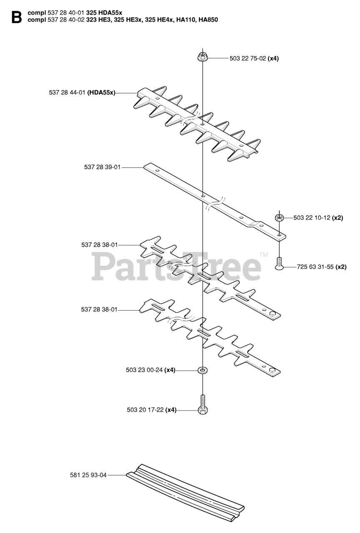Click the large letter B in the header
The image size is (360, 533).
click(x=16, y=17)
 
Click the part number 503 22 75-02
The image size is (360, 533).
click(x=247, y=58)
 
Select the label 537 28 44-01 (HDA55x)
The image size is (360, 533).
click(x=82, y=92)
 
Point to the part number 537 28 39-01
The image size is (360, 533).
click(x=102, y=167)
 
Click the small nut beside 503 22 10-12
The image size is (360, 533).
click(x=280, y=217)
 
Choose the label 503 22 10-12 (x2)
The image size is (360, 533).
click(x=318, y=217)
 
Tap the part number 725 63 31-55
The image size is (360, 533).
click(x=315, y=267)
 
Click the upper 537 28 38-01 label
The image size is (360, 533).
click(x=99, y=245)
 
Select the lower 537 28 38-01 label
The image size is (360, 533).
click(x=99, y=309)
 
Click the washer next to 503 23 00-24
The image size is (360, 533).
click(x=202, y=370)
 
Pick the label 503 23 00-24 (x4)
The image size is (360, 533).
click(x=150, y=370)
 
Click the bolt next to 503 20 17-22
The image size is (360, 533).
click(x=202, y=405)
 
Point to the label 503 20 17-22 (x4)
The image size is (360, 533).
click(x=152, y=410)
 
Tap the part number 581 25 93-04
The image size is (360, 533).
click(x=88, y=475)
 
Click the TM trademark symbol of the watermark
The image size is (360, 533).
click(x=263, y=254)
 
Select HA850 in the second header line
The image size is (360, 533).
click(x=208, y=20)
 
